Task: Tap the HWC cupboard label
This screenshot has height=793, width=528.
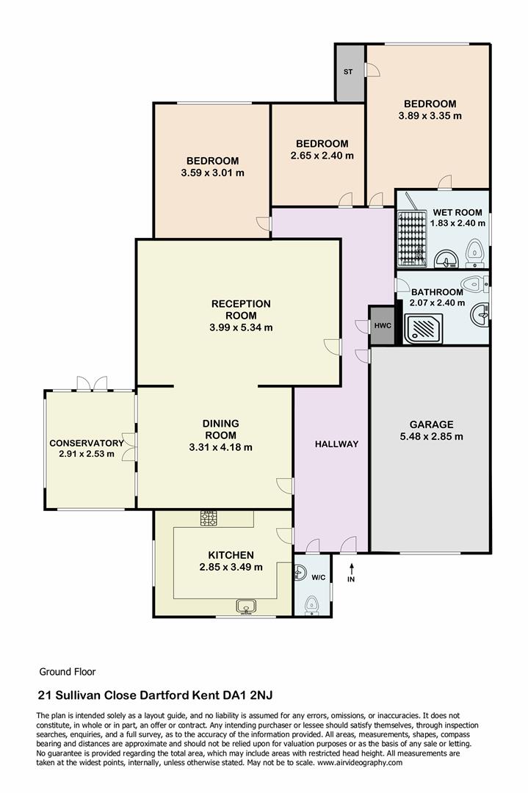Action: click(381, 325)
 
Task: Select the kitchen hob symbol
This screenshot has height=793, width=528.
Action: click(209, 518)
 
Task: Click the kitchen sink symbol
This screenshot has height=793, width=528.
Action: click(245, 606)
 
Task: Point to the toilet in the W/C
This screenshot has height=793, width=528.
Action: click(311, 604)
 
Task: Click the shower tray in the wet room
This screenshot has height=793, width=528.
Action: click(412, 236)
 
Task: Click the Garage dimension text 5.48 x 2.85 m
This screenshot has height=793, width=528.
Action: click(431, 436)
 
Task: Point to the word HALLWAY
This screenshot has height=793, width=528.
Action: click(336, 443)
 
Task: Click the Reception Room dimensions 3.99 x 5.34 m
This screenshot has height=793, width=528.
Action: click(241, 327)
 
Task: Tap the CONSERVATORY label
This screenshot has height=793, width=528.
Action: click(86, 443)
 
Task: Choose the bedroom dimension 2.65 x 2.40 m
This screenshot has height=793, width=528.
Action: click(322, 156)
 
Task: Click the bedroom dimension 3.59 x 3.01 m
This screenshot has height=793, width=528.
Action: click(212, 173)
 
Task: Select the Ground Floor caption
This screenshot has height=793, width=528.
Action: click(67, 671)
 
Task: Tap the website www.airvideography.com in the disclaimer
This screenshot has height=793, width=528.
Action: click(361, 763)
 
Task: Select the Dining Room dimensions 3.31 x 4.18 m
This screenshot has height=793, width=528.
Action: click(220, 447)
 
